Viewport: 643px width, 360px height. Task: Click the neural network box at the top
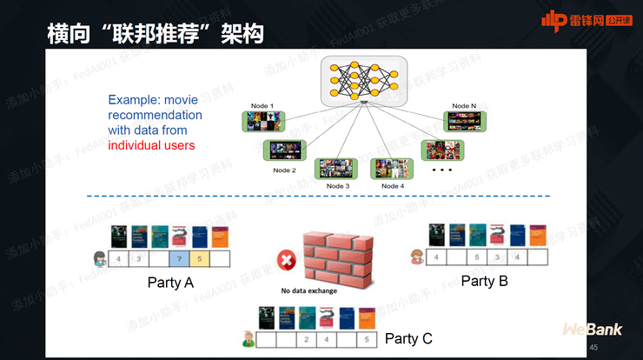click(364, 81)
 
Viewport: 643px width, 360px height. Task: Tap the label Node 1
click(261, 106)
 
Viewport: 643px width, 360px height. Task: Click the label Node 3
click(338, 186)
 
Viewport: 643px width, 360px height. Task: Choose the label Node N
click(464, 106)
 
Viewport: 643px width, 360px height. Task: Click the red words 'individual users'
click(151, 145)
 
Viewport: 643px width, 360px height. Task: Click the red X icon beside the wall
click(285, 259)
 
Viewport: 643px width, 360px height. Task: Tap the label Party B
click(484, 281)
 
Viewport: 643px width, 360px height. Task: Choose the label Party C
click(408, 338)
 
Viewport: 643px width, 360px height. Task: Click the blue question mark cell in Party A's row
click(179, 258)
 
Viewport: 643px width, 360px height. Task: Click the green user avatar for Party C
click(248, 338)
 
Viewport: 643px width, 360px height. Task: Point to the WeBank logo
click(591, 330)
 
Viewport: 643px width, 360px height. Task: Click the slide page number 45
click(593, 348)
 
